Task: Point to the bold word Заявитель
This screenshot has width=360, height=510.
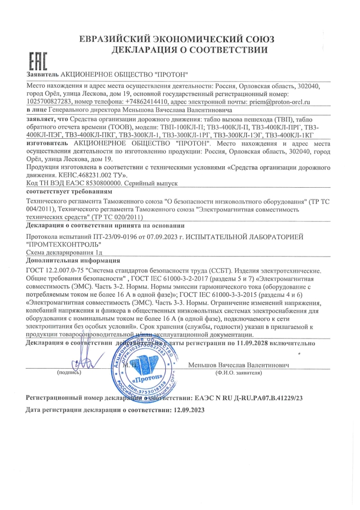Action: [42, 74]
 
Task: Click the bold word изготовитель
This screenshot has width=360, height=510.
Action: [47, 144]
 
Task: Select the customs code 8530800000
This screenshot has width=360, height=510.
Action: [100, 183]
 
